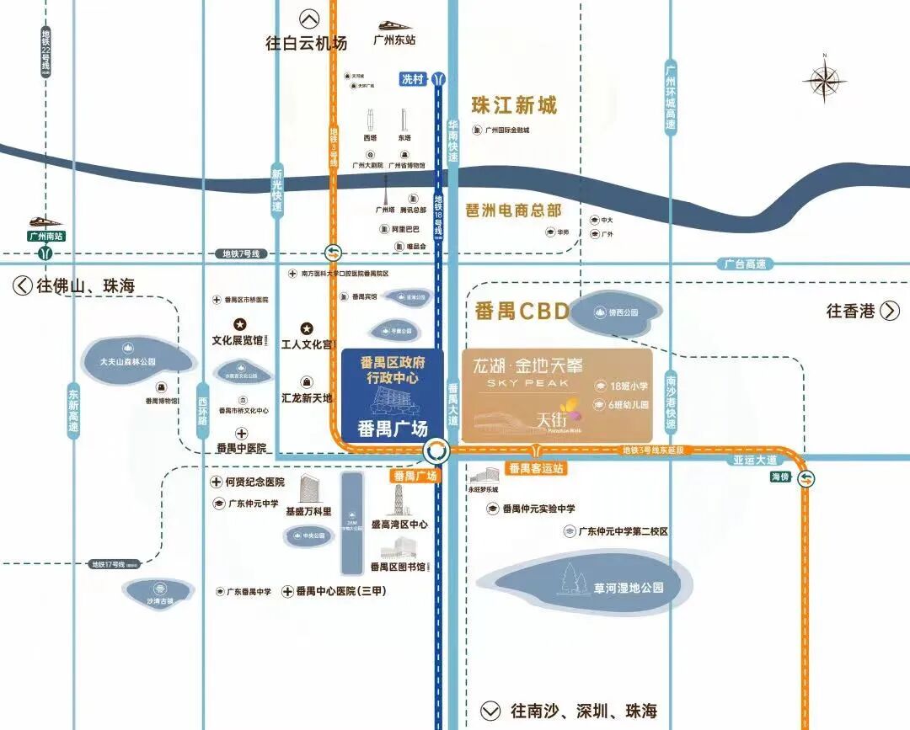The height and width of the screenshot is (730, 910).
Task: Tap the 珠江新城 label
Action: (x=514, y=105)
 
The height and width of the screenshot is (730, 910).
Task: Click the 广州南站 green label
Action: (x=46, y=237)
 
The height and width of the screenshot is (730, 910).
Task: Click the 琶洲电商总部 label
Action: (x=513, y=210)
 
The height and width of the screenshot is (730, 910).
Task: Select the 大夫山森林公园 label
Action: (x=128, y=361)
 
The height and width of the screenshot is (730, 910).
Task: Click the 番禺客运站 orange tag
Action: (x=535, y=467)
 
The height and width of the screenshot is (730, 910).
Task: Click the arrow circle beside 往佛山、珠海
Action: (x=22, y=285)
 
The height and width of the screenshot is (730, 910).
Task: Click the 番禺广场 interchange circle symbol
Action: (x=436, y=451)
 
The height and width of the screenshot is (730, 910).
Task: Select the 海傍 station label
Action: (x=780, y=477)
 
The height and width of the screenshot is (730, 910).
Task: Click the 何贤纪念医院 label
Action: (x=254, y=482)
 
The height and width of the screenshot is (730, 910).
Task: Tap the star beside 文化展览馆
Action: (x=239, y=324)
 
